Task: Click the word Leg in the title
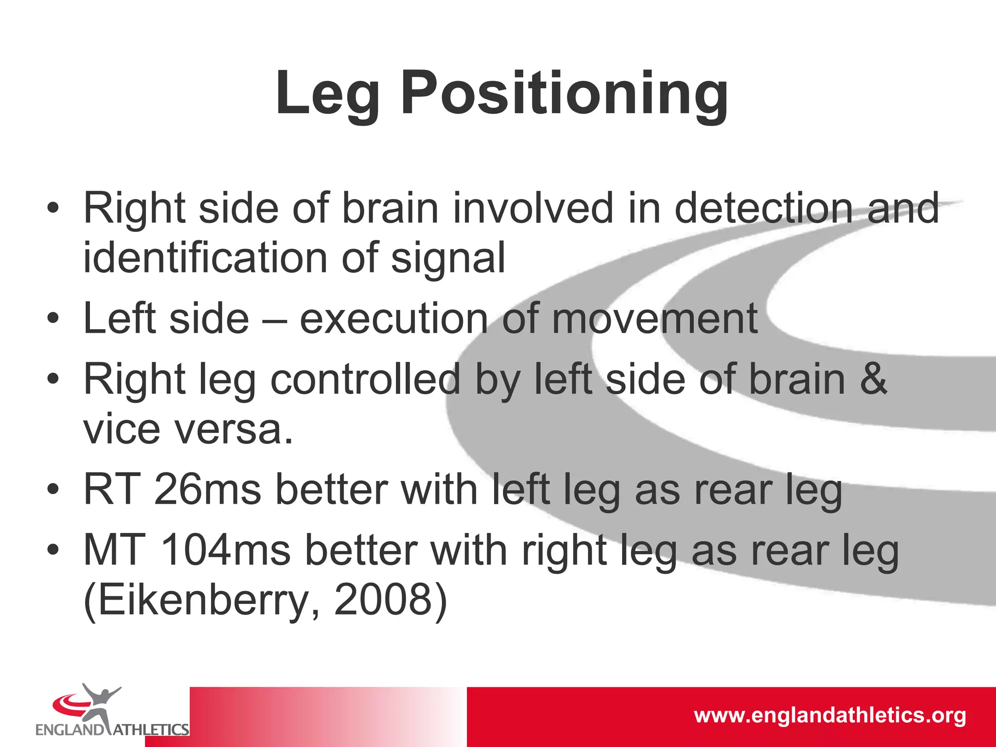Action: [x=327, y=93]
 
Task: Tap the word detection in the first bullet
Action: [x=764, y=208]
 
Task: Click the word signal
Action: [x=448, y=259]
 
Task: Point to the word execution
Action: [x=393, y=319]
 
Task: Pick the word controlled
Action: [x=365, y=379]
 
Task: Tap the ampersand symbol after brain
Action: [x=874, y=379]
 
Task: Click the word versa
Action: [x=233, y=430]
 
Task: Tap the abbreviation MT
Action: [x=115, y=551]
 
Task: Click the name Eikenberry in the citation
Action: [x=202, y=600]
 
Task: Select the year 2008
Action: [x=383, y=600]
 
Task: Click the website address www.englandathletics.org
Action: [x=830, y=715]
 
